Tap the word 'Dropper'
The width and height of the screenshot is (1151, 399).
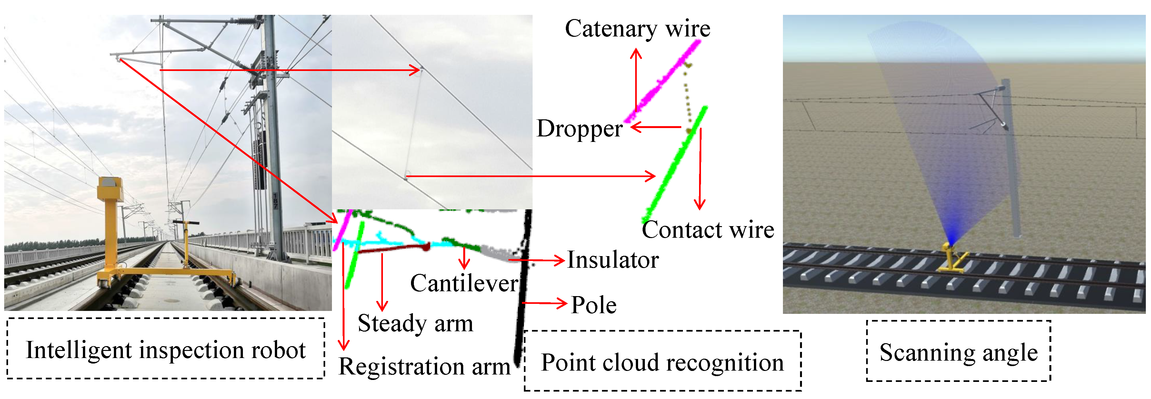[x=579, y=129]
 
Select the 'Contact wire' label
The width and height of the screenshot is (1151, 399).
[x=707, y=230]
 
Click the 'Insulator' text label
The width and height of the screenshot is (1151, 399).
[x=613, y=260]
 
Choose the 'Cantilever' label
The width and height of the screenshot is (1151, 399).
[x=464, y=283]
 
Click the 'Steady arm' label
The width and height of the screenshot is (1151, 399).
[x=415, y=323]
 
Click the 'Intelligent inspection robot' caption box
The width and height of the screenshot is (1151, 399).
[x=165, y=349]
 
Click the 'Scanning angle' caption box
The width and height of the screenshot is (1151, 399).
[x=958, y=352]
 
